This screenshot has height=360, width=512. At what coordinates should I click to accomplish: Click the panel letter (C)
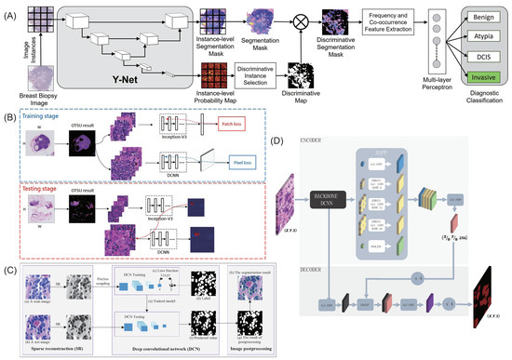[x=8, y=271]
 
